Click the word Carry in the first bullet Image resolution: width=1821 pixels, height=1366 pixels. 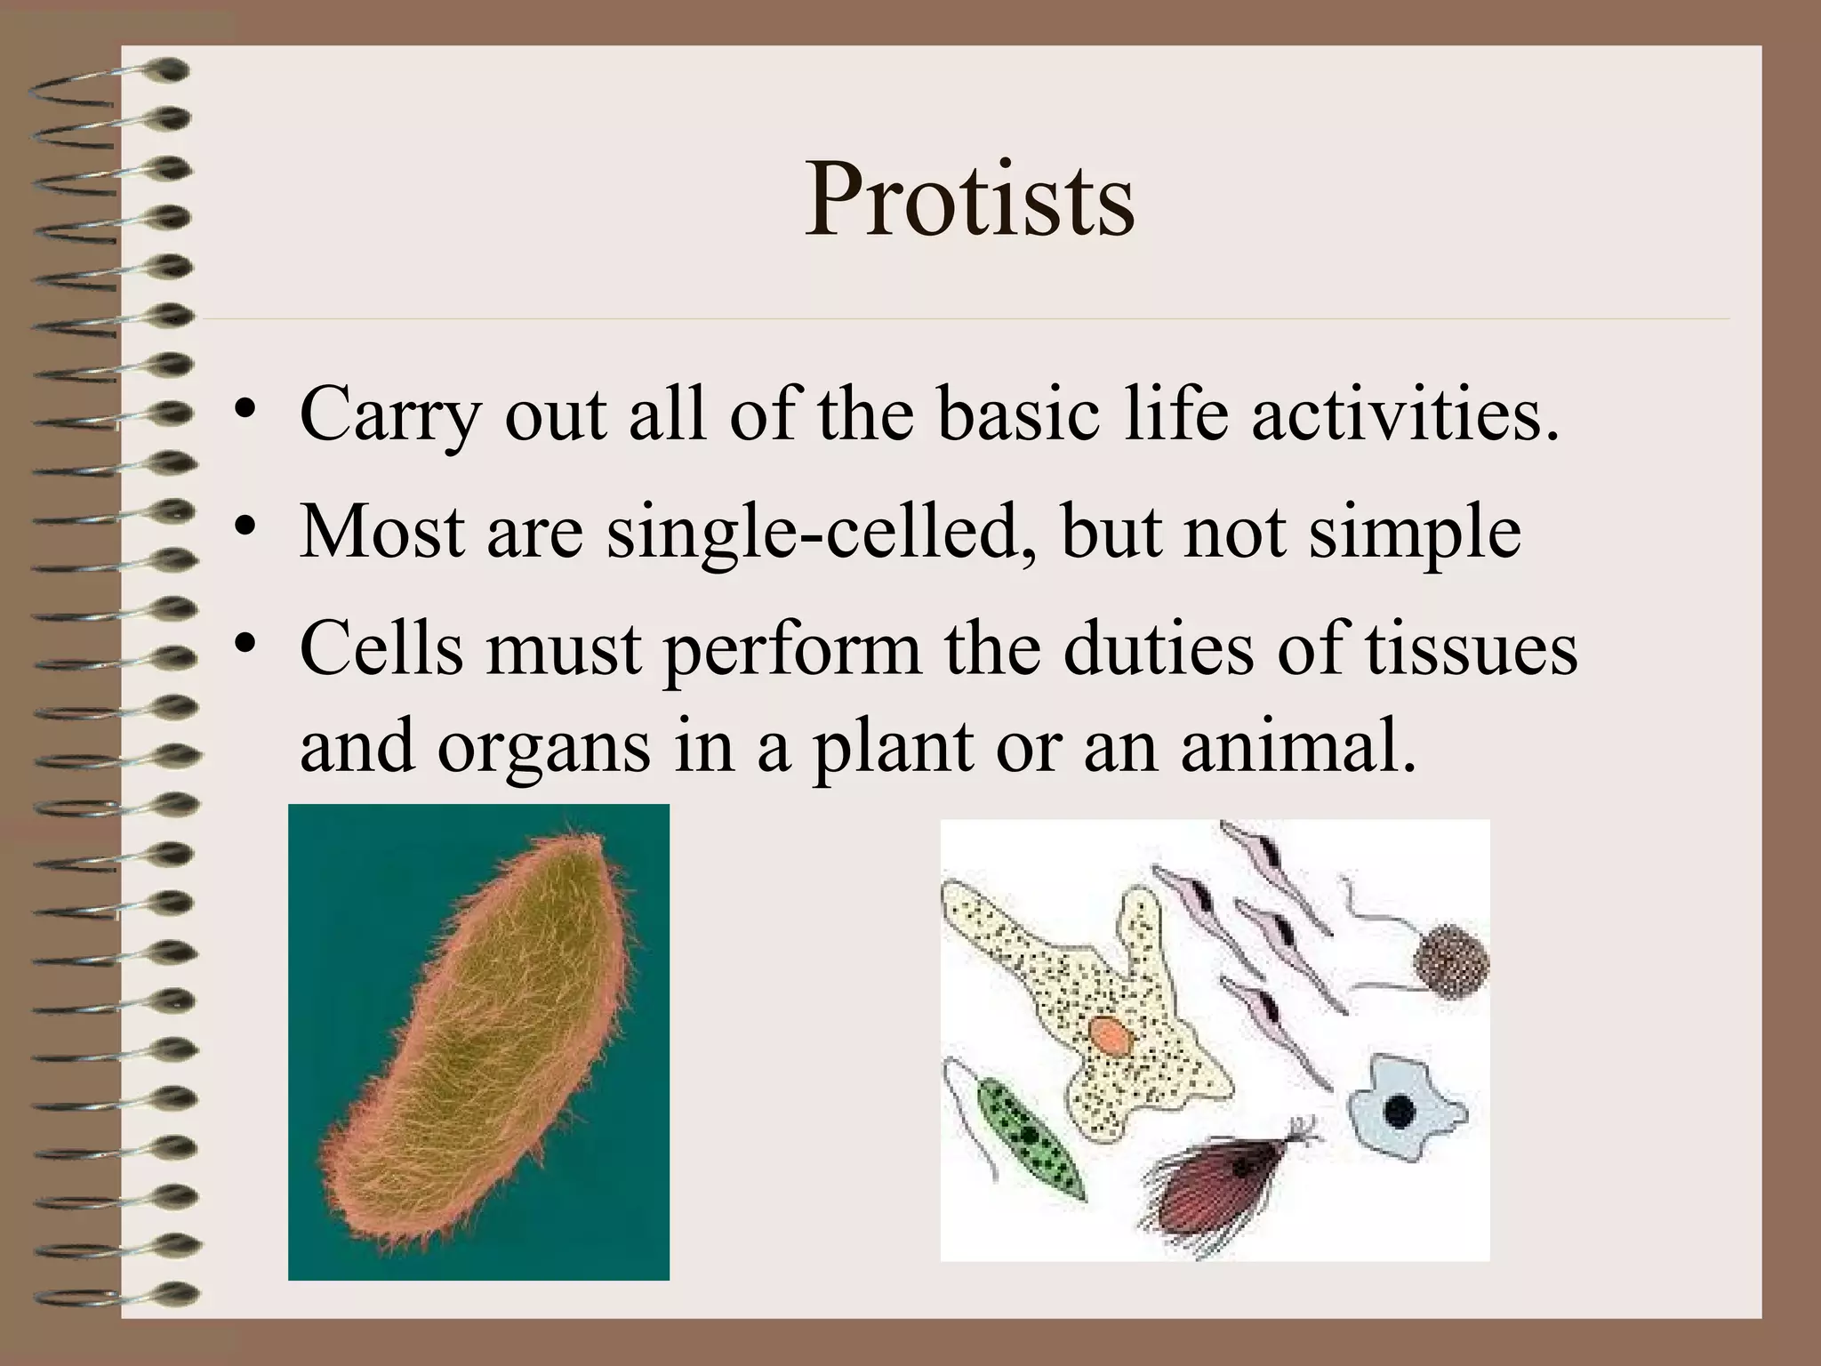[x=389, y=414]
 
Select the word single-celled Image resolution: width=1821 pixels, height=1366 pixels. [x=812, y=532]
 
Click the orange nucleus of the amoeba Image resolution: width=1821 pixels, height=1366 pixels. [x=1109, y=1036]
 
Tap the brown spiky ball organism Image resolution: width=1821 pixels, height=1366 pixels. [x=1451, y=960]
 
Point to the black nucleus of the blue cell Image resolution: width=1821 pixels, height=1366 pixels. [x=1400, y=1110]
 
